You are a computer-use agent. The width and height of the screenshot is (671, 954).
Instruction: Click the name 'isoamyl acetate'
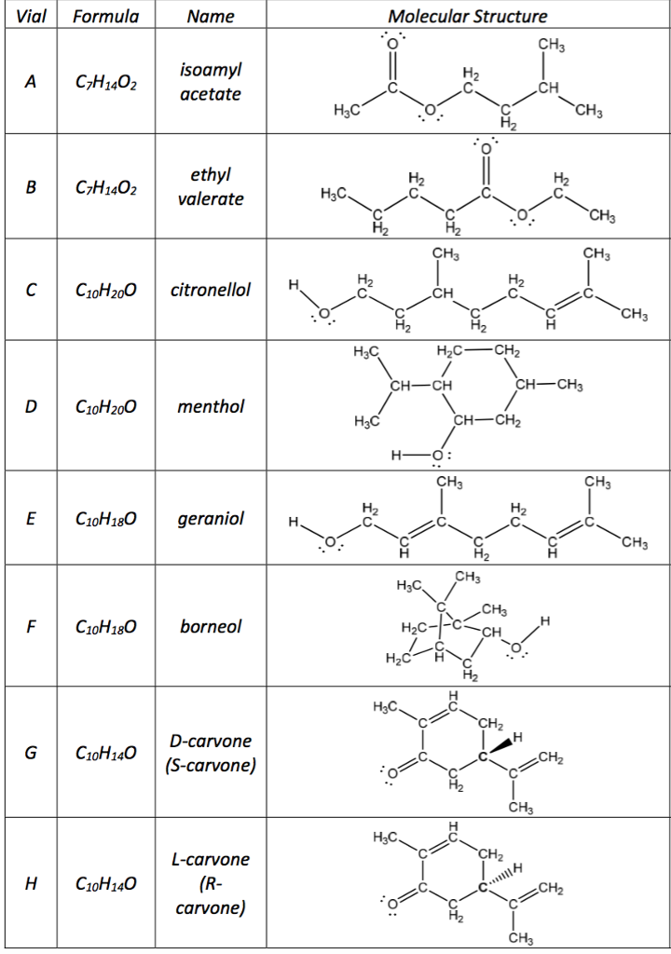click(210, 82)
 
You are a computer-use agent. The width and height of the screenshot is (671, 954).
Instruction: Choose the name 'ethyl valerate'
click(210, 186)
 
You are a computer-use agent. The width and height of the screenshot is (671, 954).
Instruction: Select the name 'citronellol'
click(211, 290)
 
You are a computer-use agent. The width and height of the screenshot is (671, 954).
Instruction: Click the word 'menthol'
click(211, 406)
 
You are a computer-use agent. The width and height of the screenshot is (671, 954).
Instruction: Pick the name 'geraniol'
click(211, 518)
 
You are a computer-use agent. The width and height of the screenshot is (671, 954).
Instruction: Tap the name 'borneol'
click(211, 626)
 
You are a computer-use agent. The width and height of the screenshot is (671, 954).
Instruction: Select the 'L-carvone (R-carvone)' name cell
click(211, 882)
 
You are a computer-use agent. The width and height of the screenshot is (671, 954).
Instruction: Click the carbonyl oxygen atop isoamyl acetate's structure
click(392, 42)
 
